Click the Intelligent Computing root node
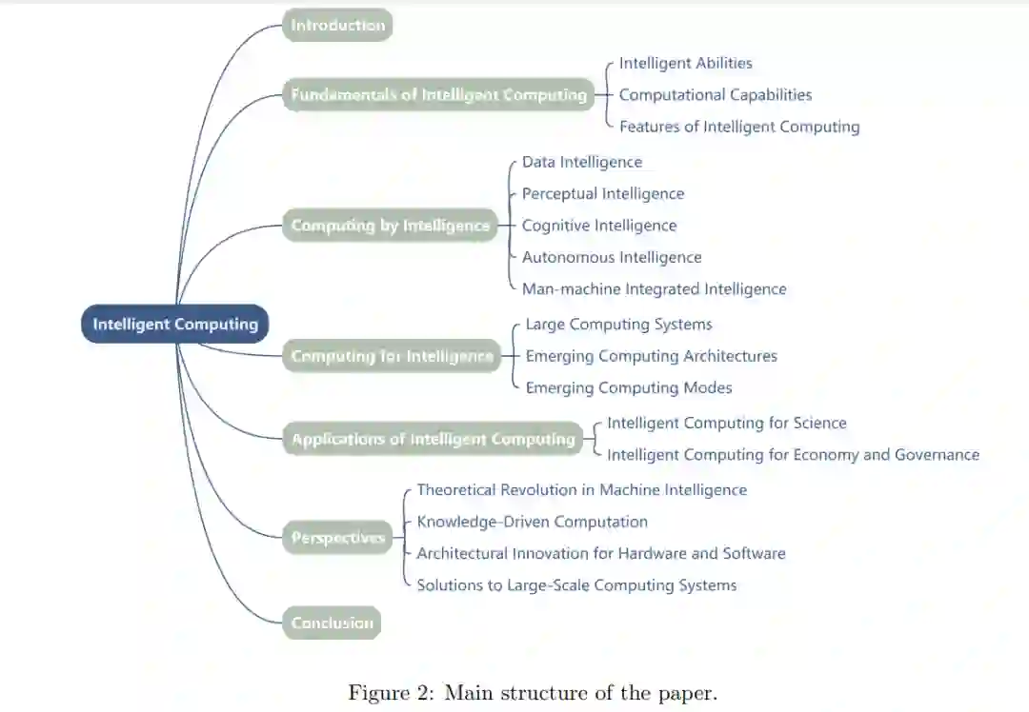[175, 324]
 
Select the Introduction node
[337, 25]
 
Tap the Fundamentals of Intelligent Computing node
[438, 94]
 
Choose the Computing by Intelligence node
[391, 226]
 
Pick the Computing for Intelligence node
[392, 356]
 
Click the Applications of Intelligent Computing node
[434, 439]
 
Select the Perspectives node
[337, 538]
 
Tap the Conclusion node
[332, 623]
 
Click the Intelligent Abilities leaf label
[685, 63]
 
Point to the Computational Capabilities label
[715, 94]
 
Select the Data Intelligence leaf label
[581, 162]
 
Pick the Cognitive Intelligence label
[598, 226]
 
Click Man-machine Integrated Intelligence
[654, 288]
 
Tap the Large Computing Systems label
[618, 324]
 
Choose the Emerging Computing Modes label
[628, 387]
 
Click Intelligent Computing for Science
[726, 423]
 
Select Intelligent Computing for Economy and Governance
[793, 454]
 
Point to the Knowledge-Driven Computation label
[532, 522]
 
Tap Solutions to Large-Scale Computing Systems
[576, 584]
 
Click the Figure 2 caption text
[532, 692]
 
